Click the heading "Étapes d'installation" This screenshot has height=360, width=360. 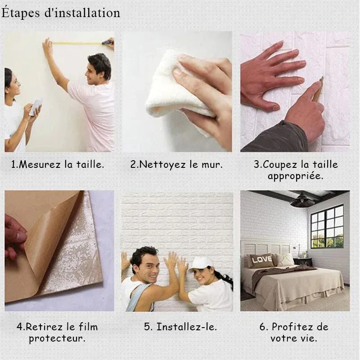click(61, 13)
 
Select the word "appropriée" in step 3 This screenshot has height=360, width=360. click(295, 176)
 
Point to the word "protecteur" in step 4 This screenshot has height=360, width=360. click(57, 338)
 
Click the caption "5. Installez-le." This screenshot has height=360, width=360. click(180, 327)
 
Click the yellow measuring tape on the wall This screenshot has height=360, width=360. click(76, 43)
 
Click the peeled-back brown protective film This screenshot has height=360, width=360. click(43, 234)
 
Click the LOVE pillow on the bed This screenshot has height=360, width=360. click(261, 260)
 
